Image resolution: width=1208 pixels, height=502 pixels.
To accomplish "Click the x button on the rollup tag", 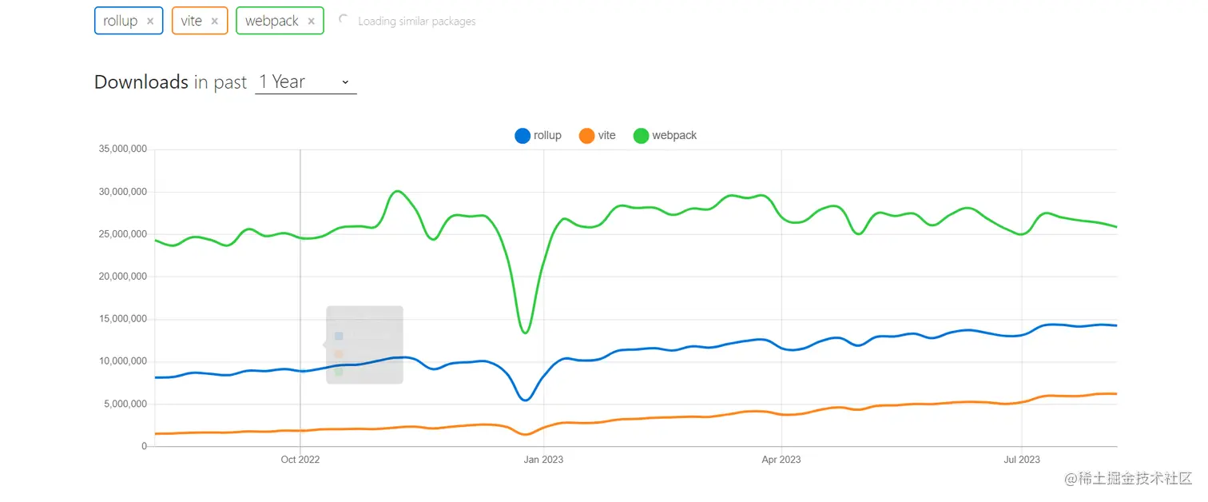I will click(150, 22).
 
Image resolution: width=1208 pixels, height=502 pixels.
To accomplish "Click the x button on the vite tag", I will click(214, 22).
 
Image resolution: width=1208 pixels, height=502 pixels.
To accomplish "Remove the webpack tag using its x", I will click(311, 22).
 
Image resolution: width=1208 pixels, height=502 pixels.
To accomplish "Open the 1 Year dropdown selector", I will click(305, 82).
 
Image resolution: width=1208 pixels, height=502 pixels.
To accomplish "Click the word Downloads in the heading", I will click(141, 82).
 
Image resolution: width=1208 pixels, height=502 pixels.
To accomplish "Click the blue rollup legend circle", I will click(523, 136).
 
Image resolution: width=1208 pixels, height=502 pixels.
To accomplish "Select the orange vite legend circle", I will click(587, 136).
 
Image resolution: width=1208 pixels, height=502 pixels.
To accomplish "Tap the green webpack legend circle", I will click(641, 136).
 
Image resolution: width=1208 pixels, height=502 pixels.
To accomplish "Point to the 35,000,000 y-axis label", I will click(122, 149).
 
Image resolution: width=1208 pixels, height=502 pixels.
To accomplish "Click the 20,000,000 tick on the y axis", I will click(122, 277).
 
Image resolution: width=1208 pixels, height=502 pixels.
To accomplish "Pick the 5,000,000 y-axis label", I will click(125, 404).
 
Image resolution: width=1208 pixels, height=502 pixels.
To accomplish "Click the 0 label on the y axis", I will click(144, 446).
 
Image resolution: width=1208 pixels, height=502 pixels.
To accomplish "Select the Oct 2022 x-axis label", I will click(300, 460).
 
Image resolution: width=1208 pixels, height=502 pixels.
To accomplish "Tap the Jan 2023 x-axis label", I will click(542, 460).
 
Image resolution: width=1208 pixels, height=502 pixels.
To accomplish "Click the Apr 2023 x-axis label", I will click(781, 460).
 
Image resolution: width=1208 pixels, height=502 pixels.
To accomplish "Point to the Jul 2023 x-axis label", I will click(1021, 460).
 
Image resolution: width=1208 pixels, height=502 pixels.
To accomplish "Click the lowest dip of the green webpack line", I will click(525, 333).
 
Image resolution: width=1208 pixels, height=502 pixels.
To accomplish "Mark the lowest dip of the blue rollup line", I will click(525, 400).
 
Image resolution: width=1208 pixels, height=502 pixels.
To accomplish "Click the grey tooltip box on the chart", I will click(364, 345).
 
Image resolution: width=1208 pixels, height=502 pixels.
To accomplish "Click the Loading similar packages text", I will click(416, 22).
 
